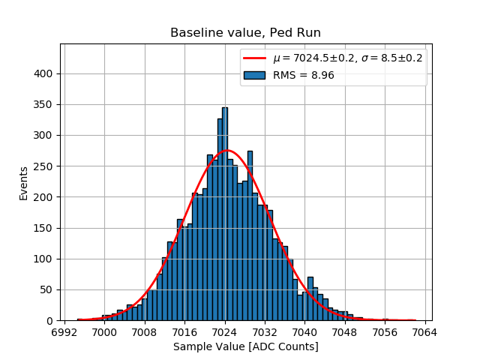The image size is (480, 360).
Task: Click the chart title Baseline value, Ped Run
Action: coord(245,33)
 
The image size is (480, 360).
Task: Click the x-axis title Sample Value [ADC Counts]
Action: coord(245,346)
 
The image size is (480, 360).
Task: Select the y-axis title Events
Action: coord(24,183)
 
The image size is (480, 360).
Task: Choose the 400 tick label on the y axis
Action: coord(44,74)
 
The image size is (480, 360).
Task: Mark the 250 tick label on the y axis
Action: coord(44,166)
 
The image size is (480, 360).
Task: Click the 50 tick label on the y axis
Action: coord(47,290)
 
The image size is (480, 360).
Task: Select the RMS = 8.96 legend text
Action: coord(303,75)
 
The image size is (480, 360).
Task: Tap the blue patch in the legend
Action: coord(254,75)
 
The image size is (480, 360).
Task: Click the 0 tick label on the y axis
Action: coord(50,321)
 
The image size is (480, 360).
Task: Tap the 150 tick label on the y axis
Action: coord(44,229)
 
